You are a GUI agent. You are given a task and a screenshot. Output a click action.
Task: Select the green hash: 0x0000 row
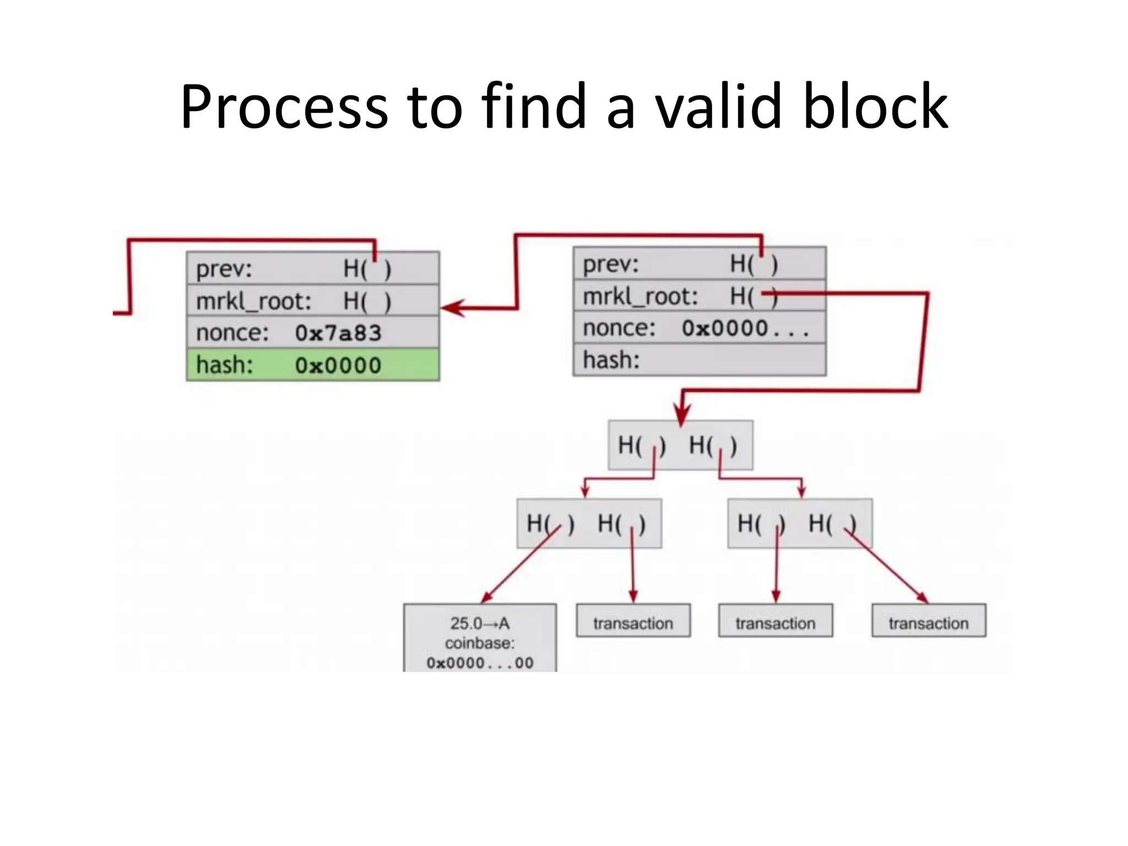click(x=313, y=365)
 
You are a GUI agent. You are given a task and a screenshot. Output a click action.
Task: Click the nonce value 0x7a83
click(x=338, y=333)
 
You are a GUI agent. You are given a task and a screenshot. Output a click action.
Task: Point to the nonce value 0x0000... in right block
click(x=745, y=329)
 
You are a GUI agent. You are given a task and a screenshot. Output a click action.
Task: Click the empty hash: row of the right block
click(x=699, y=360)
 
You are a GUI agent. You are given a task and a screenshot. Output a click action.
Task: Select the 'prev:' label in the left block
click(x=224, y=269)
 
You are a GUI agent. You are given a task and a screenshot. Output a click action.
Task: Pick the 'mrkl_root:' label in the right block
click(x=640, y=297)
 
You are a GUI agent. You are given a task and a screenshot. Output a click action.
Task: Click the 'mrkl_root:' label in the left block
click(x=253, y=301)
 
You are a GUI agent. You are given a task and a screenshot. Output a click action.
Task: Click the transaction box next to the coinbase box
click(x=633, y=621)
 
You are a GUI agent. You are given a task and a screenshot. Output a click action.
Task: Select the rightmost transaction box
click(x=929, y=621)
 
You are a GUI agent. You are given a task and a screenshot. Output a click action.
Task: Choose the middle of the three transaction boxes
click(x=775, y=621)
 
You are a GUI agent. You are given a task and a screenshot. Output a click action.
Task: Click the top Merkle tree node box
click(x=680, y=445)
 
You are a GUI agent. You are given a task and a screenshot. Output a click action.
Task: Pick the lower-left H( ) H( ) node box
click(x=589, y=523)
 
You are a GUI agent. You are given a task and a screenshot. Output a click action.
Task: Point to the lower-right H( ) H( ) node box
click(x=800, y=523)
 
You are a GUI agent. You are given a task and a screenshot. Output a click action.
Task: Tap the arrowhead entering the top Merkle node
click(x=682, y=416)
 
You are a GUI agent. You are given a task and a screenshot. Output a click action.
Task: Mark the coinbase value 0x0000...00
click(x=480, y=663)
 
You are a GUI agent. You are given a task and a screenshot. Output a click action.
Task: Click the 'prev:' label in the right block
click(x=610, y=265)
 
